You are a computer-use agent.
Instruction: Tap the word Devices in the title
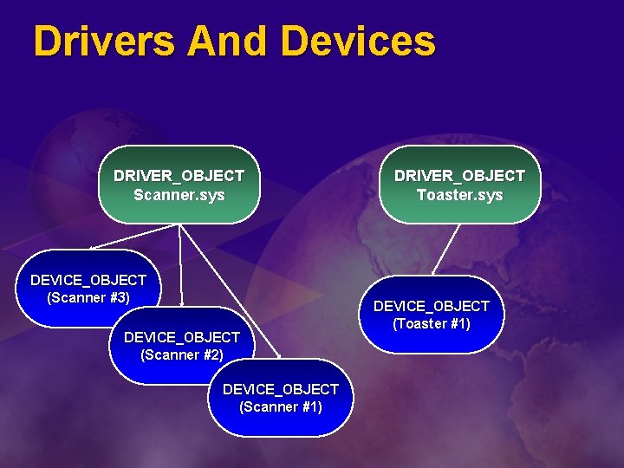(x=359, y=41)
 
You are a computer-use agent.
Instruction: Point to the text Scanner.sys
(x=179, y=195)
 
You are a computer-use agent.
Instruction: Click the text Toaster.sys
(x=459, y=195)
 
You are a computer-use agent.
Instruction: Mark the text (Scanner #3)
(x=88, y=297)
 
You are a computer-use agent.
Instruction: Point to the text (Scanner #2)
(x=182, y=354)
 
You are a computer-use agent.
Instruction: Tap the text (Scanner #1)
(x=281, y=406)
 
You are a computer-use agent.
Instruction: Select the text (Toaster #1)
(x=432, y=323)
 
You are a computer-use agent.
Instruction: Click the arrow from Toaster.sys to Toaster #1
(x=445, y=250)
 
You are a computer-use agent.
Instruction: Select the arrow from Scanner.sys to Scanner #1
(x=230, y=291)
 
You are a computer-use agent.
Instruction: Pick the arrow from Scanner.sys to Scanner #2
(x=180, y=264)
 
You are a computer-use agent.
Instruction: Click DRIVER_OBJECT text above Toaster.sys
(x=459, y=175)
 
